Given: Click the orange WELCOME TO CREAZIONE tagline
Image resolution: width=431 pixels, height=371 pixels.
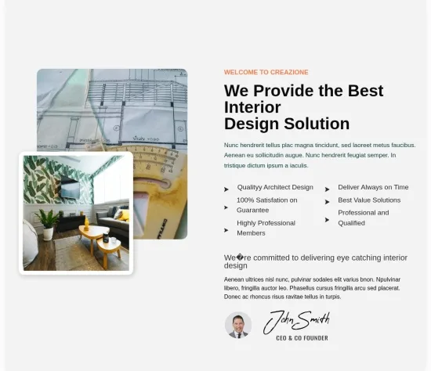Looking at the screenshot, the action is click(266, 72).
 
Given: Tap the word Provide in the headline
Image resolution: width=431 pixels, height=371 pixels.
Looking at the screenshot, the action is click(284, 91).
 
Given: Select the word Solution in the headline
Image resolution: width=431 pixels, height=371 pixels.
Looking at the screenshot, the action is click(317, 124).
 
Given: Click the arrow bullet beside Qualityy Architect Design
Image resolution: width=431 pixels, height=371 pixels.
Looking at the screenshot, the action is click(226, 189).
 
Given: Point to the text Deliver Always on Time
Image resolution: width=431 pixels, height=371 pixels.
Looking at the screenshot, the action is click(373, 187).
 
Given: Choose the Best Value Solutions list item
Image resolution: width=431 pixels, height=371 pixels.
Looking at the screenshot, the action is click(369, 200).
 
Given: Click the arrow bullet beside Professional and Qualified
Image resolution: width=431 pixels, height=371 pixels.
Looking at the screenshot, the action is click(327, 220).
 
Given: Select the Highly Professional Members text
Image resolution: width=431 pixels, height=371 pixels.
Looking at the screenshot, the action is click(266, 228).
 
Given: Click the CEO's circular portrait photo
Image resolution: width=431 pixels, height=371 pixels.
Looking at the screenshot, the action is click(238, 325).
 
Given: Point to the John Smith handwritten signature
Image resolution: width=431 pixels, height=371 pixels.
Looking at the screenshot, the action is click(296, 322).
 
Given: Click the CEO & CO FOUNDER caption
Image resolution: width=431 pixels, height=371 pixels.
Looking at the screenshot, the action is click(302, 338).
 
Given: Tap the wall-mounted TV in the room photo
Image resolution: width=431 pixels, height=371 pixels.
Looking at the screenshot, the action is click(70, 188).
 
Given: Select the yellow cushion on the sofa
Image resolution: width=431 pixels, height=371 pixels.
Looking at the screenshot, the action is click(125, 215).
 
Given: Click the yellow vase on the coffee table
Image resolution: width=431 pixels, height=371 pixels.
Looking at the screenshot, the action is click(86, 223).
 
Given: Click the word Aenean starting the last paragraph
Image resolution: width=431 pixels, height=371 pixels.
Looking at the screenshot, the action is click(234, 279).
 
